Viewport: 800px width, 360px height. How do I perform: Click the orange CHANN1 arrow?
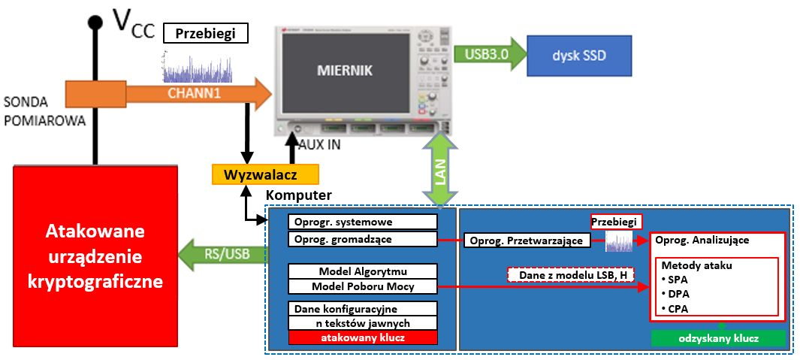coord(195,94)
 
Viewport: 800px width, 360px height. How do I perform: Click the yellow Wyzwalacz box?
coord(264,174)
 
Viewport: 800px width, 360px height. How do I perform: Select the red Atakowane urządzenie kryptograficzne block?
coord(95,256)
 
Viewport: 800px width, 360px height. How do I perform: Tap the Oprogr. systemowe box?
coord(362,222)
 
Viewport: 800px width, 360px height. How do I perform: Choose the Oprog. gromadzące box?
coord(362,239)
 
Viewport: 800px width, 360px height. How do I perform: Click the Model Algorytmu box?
coord(362,271)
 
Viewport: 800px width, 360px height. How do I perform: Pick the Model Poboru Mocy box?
coord(362,286)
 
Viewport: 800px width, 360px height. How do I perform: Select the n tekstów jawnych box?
coord(362,323)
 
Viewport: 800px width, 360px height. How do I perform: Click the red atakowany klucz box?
coord(362,338)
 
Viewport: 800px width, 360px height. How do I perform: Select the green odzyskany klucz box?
coord(717,339)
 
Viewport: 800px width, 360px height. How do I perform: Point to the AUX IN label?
coord(319,145)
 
